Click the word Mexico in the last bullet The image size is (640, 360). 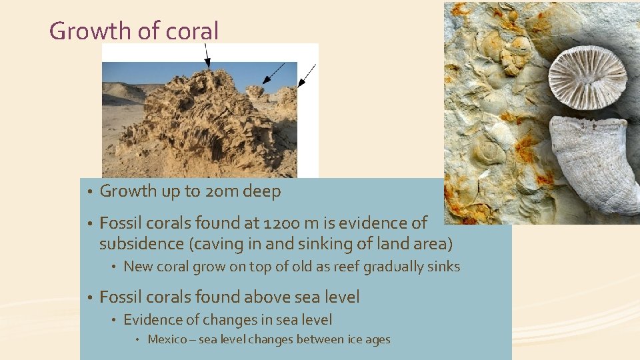(167, 339)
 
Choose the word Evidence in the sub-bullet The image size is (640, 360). (151, 320)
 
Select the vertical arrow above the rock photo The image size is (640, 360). (207, 56)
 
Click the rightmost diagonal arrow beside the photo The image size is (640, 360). (307, 75)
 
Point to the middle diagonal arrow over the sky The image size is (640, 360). (273, 73)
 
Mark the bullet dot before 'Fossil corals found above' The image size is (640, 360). (89, 297)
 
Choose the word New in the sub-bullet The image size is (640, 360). (138, 267)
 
